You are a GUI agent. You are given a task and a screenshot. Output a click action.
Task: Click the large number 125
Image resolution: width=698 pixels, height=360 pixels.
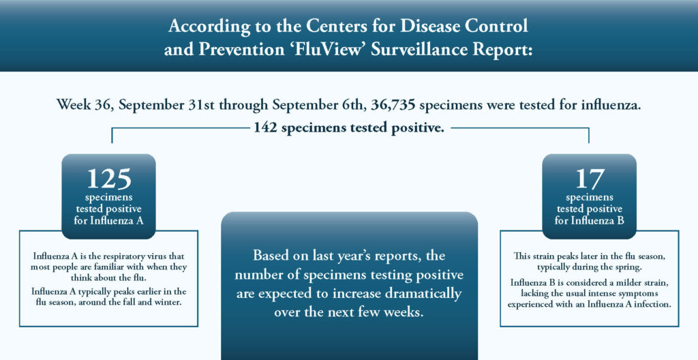click(108, 179)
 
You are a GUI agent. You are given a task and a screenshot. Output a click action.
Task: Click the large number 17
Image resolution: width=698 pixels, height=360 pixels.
click(589, 179)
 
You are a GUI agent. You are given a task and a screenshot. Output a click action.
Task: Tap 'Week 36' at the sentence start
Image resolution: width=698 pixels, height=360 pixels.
click(82, 106)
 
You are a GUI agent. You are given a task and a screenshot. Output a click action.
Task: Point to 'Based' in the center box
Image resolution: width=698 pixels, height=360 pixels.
click(271, 256)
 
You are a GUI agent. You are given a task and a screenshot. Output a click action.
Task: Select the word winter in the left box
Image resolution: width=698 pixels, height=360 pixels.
click(168, 303)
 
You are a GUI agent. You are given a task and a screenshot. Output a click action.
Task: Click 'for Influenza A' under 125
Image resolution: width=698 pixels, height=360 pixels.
click(108, 221)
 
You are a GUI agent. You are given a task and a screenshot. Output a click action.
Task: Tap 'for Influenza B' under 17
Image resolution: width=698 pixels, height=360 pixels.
click(589, 221)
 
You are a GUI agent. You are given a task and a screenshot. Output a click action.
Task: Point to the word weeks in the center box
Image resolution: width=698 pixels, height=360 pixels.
click(402, 313)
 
